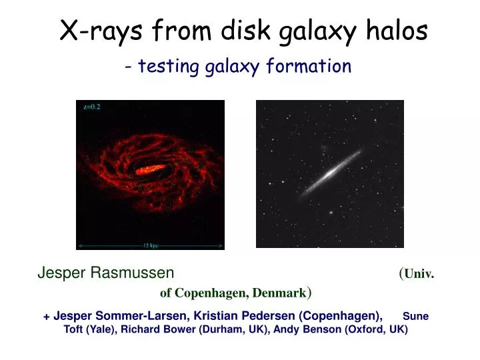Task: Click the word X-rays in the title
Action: pyautogui.click(x=101, y=31)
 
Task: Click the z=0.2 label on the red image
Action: pyautogui.click(x=91, y=107)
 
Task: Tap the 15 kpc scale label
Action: pyautogui.click(x=151, y=245)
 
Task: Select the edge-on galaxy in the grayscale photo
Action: pyautogui.click(x=329, y=175)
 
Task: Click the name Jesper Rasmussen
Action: pyautogui.click(x=105, y=273)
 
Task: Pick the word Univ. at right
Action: pyautogui.click(x=419, y=273)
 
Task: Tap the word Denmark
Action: pyautogui.click(x=278, y=293)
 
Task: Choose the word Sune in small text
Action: pyautogui.click(x=415, y=316)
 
